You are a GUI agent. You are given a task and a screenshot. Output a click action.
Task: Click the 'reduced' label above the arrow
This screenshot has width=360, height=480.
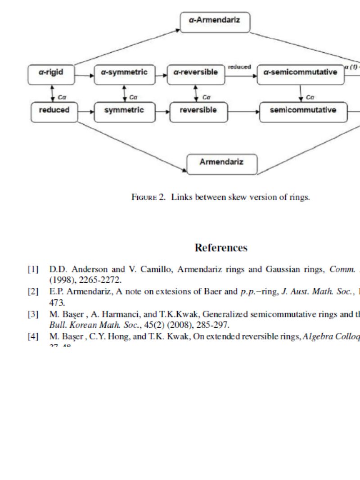pos(239,67)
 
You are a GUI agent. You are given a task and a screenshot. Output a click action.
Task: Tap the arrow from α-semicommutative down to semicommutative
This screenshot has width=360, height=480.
pos(301,93)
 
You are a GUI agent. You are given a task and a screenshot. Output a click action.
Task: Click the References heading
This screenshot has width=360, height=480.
pos(220,248)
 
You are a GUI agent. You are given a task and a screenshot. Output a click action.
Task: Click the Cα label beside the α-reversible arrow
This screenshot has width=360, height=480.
pos(206,97)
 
